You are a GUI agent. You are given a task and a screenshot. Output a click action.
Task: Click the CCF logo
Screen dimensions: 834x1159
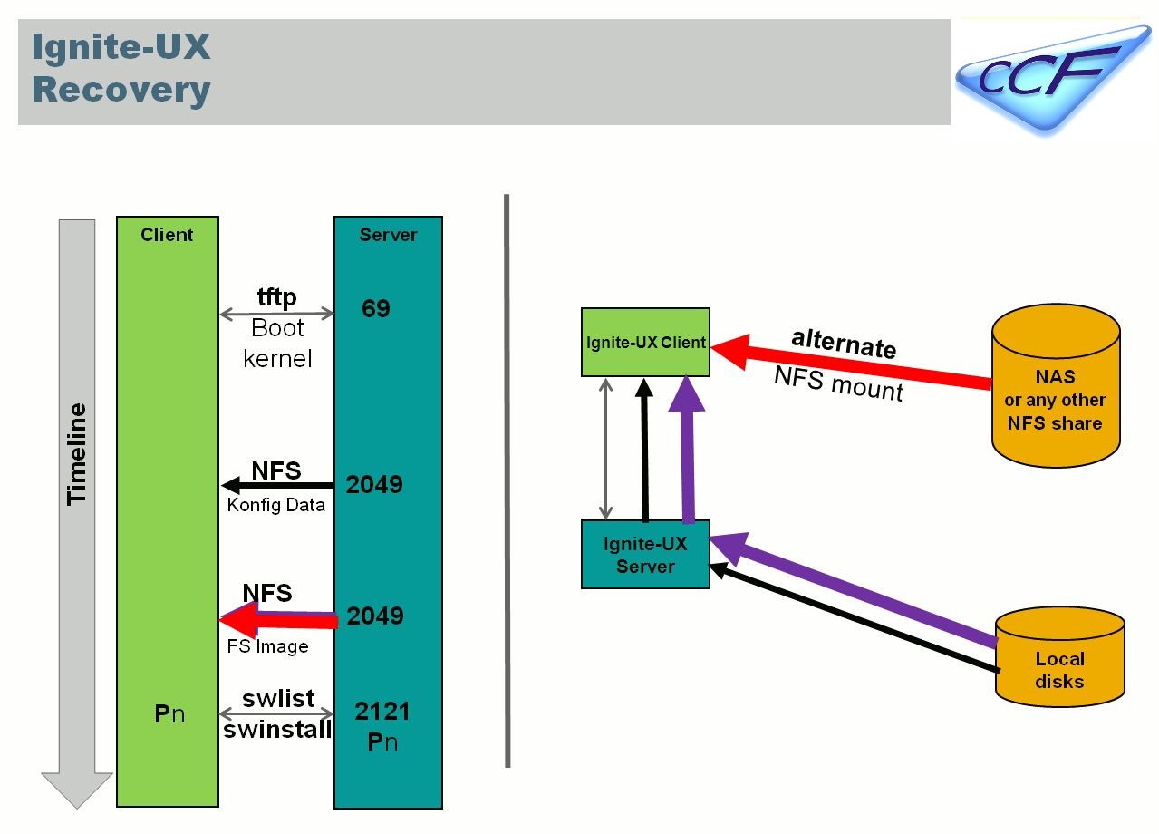pos(1051,76)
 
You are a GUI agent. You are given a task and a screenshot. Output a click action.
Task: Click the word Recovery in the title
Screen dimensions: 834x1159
pos(121,91)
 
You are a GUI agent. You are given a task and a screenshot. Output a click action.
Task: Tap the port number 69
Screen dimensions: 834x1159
pos(375,309)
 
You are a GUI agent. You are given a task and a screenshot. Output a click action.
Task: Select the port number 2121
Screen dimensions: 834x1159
pos(382,712)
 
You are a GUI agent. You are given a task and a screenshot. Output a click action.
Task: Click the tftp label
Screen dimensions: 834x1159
pos(276,297)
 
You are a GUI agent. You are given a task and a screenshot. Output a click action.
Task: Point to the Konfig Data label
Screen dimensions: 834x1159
pos(275,506)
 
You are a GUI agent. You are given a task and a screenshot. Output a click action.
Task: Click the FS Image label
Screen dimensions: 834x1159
pos(267,646)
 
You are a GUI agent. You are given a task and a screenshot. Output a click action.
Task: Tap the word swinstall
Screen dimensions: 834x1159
pos(277,730)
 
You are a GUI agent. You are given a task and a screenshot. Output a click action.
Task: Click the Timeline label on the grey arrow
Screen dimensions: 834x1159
pos(77,453)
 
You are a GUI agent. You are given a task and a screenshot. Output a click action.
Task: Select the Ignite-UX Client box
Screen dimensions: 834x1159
pos(645,343)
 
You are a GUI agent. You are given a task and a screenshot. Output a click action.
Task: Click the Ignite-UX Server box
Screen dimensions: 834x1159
pos(645,555)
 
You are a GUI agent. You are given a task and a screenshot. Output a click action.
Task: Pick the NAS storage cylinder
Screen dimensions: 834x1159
pos(1056,386)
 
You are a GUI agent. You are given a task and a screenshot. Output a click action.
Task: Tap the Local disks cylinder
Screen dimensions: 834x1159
pos(1059,658)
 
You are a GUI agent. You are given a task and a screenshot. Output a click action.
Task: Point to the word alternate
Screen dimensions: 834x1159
pos(844,343)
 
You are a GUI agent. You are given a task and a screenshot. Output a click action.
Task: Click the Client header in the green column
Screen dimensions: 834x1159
pos(167,235)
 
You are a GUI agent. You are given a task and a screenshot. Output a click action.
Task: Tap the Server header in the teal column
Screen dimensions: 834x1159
pos(388,235)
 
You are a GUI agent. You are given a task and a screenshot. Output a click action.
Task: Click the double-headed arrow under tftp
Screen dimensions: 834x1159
pos(276,315)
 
